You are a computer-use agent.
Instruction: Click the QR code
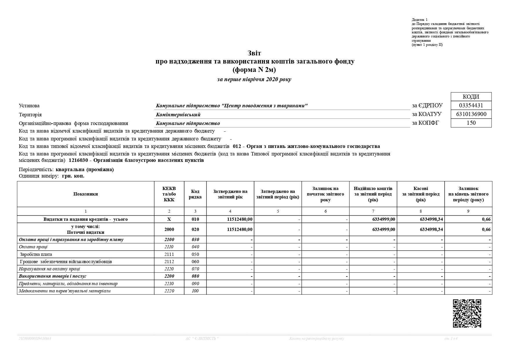coord(467,313)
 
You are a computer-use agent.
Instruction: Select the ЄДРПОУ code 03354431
coord(471,105)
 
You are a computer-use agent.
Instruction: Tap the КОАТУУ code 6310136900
coord(471,114)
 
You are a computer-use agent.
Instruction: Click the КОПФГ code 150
coord(471,123)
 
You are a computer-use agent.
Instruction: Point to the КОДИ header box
coord(471,97)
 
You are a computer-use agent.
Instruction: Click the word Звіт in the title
coord(254,53)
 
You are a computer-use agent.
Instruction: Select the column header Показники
coord(86,194)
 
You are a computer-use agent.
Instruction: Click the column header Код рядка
coord(195,194)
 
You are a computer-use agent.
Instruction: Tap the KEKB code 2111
coord(169,254)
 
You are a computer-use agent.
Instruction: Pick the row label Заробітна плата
coord(36,254)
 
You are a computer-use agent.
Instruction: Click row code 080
coord(195,276)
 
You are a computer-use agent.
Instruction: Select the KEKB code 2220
coord(169,291)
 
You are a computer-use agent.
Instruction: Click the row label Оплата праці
coord(33,247)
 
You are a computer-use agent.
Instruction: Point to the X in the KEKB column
coord(169,219)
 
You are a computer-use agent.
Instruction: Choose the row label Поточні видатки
coord(86,232)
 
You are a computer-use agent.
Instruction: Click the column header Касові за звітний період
coord(421,194)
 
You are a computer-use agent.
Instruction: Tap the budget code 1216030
coord(78,160)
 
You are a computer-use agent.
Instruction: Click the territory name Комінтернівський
coord(178,115)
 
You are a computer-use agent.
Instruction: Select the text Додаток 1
coord(419,20)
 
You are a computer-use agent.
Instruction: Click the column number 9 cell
coord(468,211)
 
